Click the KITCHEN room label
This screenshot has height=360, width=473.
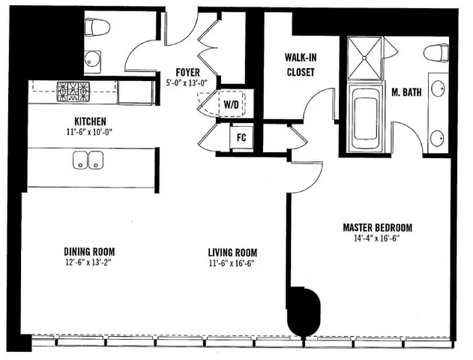[x=89, y=121]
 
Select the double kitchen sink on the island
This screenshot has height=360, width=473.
[x=88, y=160]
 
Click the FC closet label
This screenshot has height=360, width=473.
[x=241, y=138]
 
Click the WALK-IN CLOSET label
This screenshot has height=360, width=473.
[x=299, y=65]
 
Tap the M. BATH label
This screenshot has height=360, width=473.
[x=405, y=93]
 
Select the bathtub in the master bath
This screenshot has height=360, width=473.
[x=367, y=118]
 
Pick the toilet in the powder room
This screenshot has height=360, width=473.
[x=98, y=28]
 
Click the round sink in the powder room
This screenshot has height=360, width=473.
[x=93, y=58]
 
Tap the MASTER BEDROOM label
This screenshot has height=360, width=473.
[x=377, y=227]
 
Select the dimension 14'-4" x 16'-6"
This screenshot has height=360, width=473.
[x=377, y=239]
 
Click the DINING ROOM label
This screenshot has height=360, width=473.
[x=88, y=251]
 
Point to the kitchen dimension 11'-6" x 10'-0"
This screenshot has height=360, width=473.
[x=89, y=132]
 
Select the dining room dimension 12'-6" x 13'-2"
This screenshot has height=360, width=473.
[x=88, y=262]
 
